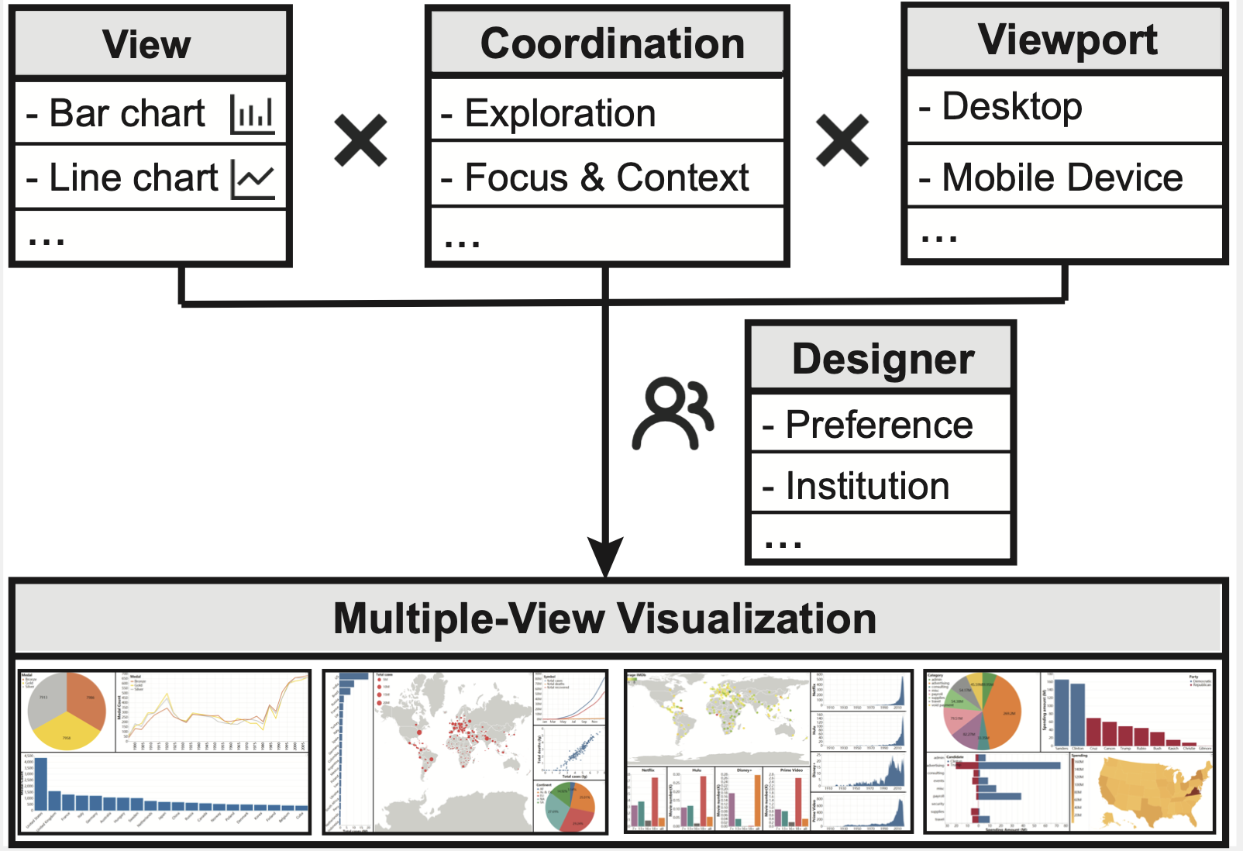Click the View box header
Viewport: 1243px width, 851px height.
(146, 43)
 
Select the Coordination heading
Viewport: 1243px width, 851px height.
(612, 43)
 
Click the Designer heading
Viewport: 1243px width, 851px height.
(883, 359)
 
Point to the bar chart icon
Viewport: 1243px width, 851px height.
(253, 114)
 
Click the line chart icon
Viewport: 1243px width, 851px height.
(253, 179)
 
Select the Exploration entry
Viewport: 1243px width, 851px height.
(560, 113)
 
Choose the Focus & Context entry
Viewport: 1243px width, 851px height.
(606, 177)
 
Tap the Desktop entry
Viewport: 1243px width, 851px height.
(1011, 106)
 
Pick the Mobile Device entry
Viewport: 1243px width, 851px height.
(1062, 177)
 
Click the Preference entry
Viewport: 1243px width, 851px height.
(879, 425)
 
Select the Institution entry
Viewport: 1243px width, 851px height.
(867, 486)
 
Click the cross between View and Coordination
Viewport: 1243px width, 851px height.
(360, 140)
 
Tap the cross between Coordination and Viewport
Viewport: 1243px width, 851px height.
(842, 140)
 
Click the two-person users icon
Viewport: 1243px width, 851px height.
(673, 413)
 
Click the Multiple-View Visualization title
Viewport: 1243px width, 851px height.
(604, 618)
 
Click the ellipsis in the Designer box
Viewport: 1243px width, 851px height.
(783, 543)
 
